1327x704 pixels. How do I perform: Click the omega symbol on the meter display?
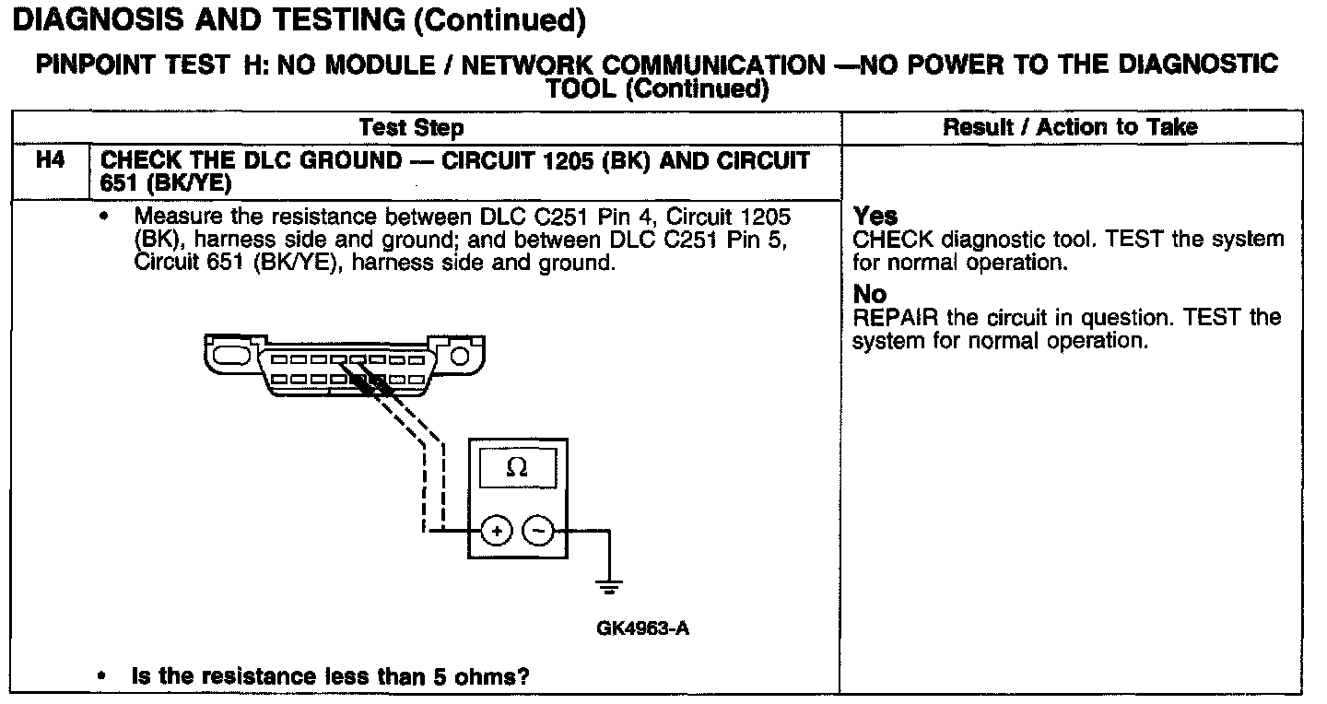tap(517, 468)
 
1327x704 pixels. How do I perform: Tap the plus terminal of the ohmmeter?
tap(496, 532)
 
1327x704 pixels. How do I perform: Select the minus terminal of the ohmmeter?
tap(538, 532)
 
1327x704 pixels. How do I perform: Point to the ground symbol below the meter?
tap(609, 586)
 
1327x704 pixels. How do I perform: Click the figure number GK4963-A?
tap(643, 629)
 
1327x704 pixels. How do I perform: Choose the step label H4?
tap(50, 161)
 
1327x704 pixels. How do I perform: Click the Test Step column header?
tap(411, 127)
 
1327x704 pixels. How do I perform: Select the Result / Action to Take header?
tap(1070, 127)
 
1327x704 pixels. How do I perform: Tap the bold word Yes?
tap(875, 217)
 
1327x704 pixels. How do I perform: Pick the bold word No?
tap(870, 294)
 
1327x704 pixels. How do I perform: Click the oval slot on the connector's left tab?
tap(228, 355)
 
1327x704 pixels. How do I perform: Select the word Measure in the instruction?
tap(177, 217)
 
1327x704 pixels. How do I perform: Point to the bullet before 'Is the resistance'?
tap(101, 677)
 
